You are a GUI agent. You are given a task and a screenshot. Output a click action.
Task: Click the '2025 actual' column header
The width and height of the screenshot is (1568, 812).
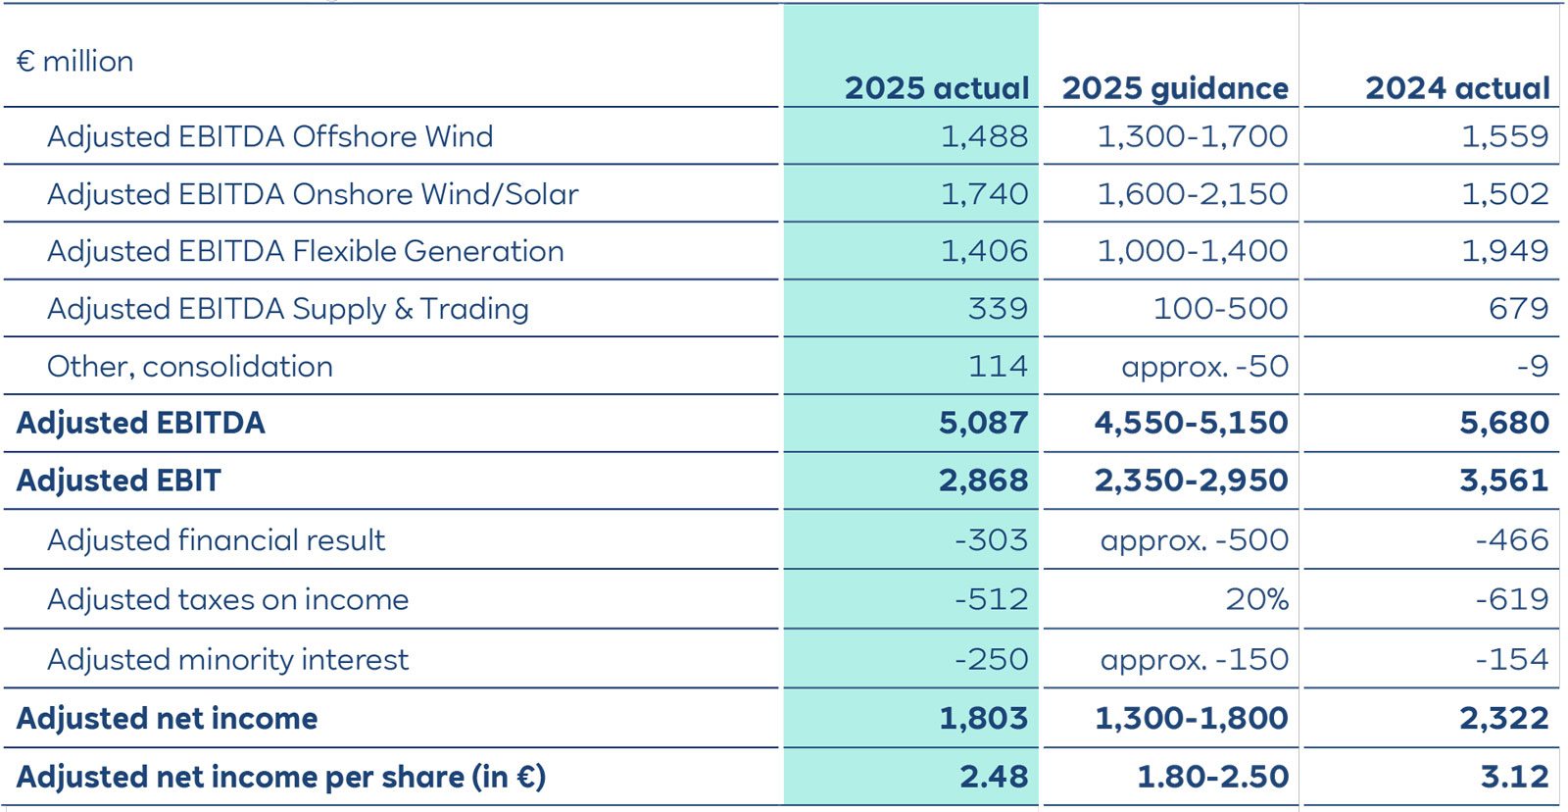936,88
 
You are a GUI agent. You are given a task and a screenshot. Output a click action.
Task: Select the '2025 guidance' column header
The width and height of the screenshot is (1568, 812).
1174,88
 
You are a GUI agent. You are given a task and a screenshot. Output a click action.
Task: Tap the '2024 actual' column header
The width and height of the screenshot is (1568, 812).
1457,88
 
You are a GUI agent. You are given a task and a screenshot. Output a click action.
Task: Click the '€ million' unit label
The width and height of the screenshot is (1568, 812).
74,62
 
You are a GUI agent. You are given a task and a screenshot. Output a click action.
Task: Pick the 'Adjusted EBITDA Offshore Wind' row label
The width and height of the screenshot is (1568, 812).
269,136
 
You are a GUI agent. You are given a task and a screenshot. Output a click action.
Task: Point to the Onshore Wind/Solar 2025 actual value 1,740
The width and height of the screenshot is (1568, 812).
984,194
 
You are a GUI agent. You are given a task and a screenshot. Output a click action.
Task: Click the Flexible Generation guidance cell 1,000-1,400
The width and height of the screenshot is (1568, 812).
1192,251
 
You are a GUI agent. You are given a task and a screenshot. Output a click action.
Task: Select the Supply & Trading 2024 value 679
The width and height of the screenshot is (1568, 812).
1518,309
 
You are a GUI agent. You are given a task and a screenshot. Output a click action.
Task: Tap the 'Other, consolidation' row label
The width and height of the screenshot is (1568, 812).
190,367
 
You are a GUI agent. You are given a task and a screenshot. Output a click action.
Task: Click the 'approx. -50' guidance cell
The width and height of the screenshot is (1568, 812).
1204,367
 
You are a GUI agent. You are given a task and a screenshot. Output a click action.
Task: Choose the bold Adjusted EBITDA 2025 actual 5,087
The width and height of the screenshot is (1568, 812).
983,423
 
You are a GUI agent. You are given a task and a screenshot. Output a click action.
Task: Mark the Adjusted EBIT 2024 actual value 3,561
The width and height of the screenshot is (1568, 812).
1503,481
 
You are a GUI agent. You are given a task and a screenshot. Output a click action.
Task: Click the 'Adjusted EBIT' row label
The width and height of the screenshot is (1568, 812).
119,481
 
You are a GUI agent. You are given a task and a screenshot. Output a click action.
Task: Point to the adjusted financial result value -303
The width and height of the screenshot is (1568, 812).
991,540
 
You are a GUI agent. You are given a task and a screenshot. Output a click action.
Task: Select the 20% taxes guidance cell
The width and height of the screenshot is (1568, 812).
1256,599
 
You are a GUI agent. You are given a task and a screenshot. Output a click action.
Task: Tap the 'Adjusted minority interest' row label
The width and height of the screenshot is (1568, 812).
227,660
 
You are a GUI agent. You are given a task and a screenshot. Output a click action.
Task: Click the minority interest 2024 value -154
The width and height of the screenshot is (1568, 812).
1511,660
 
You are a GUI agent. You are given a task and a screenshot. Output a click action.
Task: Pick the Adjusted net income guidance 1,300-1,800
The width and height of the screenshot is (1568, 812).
1191,718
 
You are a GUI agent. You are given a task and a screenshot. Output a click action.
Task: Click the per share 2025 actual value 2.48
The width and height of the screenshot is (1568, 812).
993,777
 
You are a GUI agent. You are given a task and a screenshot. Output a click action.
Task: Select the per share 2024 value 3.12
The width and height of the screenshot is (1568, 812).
1514,777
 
